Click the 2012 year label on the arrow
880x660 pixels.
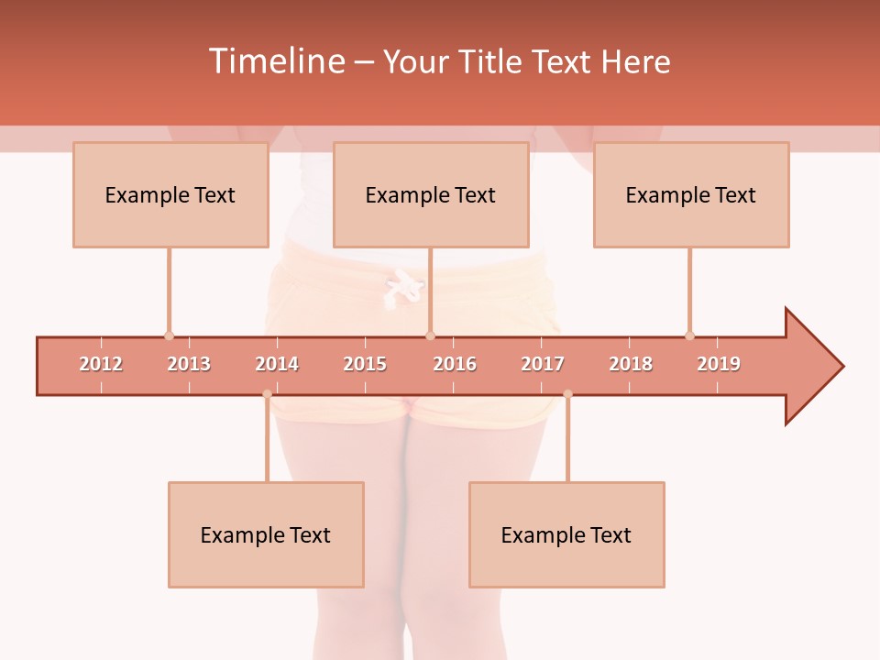pos(101,364)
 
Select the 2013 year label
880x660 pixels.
pos(189,364)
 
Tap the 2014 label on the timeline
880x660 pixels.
pos(277,364)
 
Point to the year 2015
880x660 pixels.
pos(365,364)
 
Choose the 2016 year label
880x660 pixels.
pos(455,364)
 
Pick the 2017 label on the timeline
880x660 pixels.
pos(543,364)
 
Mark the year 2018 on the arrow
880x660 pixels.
pos(631,364)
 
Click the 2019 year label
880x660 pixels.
pos(719,364)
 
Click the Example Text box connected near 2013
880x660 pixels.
pos(170,194)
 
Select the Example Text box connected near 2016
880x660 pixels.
pos(431,194)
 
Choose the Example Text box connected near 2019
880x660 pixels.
pos(691,194)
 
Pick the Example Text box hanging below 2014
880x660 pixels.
pos(266,534)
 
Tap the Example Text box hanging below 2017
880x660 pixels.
pos(566,534)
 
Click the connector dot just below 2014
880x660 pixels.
pos(267,394)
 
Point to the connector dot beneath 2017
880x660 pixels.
pos(567,394)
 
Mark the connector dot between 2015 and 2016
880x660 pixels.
pos(430,335)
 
